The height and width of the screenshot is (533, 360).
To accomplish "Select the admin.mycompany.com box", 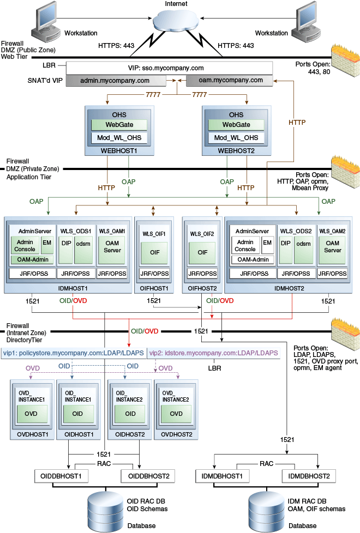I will click(115, 81).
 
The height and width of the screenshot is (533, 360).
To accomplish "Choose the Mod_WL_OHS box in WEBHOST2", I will click(236, 138).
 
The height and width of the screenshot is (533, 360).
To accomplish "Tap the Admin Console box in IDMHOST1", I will click(25, 246).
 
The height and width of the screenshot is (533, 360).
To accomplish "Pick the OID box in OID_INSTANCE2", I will click(130, 413).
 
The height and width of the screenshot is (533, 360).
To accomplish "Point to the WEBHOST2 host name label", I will click(236, 150).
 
